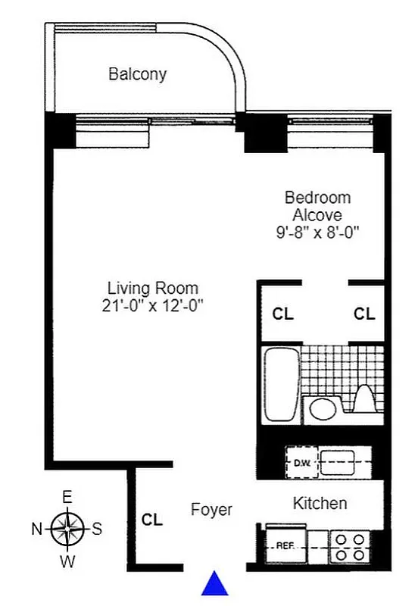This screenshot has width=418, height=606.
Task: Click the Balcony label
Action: (137, 74)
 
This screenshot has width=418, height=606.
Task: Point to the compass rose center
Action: (67, 529)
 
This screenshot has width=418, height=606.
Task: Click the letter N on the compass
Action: (36, 529)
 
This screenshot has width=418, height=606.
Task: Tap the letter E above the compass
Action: (67, 498)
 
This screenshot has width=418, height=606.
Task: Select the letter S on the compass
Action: (97, 529)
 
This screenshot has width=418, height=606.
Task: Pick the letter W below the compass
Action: (67, 561)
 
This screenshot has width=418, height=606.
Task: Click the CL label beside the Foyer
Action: (152, 520)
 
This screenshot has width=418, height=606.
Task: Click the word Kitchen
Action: (320, 503)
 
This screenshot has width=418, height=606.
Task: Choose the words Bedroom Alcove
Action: (317, 206)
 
